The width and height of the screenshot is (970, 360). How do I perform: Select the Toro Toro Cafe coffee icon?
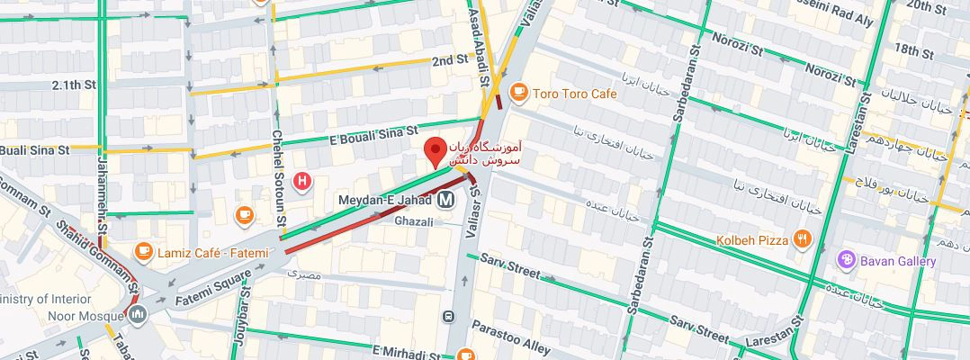point(518,93)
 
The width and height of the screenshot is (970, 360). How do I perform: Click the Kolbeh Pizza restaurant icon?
point(803,239)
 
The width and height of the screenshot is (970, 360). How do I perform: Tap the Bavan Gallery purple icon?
point(846,261)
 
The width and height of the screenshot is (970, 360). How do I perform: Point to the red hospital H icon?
point(303,182)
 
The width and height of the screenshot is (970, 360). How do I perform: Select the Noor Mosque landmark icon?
point(137,315)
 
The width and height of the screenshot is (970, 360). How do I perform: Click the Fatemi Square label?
point(213,291)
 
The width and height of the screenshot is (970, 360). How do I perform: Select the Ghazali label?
point(415,220)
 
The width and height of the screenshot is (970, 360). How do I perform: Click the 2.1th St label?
point(74,85)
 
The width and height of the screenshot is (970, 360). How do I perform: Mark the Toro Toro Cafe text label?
point(575,94)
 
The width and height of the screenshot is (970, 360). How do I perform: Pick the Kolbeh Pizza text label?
point(751,240)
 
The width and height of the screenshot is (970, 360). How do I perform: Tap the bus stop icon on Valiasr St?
point(448,316)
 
